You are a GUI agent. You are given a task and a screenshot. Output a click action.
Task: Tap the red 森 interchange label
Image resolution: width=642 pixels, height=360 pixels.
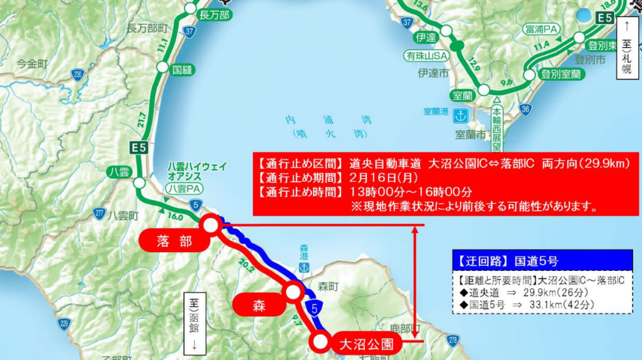tap(260, 307)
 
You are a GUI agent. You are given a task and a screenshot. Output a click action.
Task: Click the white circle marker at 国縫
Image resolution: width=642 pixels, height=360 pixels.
tap(162, 67)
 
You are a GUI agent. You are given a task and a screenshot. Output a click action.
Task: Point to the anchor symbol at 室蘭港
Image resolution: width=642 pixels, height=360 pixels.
tap(461, 115)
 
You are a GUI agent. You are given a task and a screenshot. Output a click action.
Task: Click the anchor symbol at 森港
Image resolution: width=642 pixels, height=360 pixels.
tap(304, 267)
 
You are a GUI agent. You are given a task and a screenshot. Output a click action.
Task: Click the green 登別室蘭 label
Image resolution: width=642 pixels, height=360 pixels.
tap(562, 74)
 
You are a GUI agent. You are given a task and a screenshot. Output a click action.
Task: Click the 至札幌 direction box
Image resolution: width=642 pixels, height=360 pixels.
tap(626, 45)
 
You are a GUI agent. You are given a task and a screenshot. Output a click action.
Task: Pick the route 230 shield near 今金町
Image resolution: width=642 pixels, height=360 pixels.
tap(77, 73)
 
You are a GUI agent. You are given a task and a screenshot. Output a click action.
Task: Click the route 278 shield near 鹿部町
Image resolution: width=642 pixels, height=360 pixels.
tap(454, 340)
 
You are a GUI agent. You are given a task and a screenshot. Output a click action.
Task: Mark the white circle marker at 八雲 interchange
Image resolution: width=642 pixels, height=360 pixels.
tap(139, 184)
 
